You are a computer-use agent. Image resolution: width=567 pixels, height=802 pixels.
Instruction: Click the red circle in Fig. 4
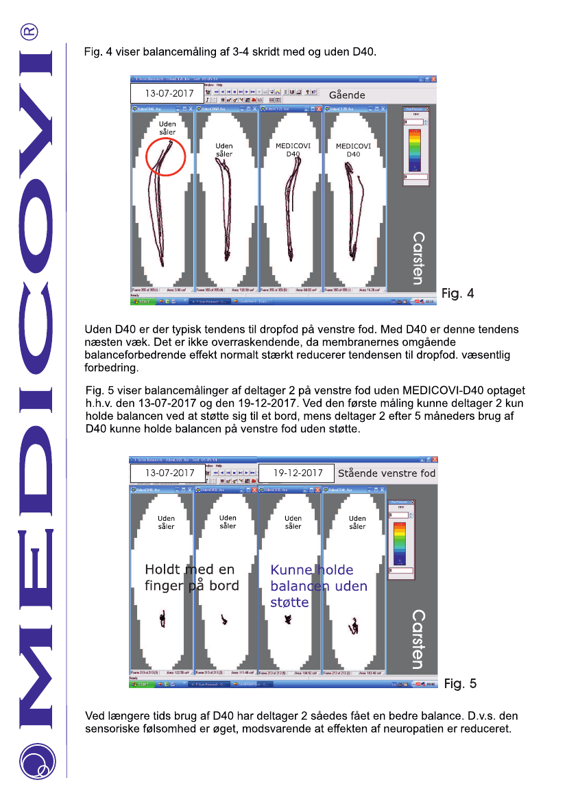click(165, 156)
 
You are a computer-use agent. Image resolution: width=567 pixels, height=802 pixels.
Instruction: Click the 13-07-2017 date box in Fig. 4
click(162, 93)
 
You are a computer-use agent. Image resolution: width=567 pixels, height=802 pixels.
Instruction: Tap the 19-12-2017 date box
click(297, 473)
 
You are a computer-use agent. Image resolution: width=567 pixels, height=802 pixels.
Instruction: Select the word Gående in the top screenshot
click(347, 95)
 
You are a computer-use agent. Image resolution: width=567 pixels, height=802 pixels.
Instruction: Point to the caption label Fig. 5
click(459, 683)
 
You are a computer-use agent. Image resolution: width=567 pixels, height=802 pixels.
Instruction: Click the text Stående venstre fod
click(386, 473)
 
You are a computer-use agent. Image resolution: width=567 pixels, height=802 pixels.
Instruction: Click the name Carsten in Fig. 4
click(418, 258)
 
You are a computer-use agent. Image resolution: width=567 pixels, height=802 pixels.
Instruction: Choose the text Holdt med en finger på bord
click(191, 578)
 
